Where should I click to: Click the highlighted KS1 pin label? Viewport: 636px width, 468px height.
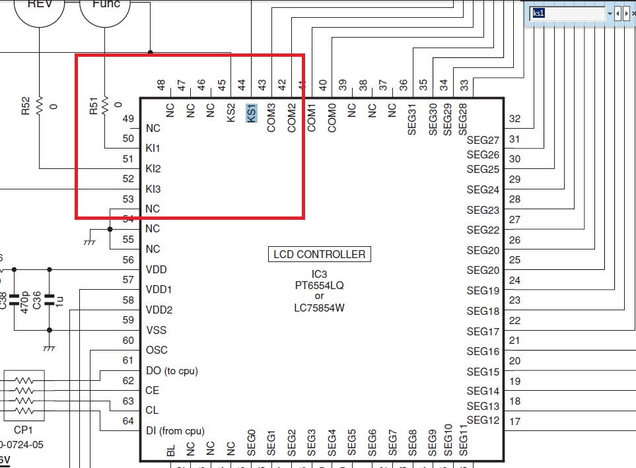click(251, 113)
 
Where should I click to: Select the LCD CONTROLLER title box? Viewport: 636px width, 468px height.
click(320, 254)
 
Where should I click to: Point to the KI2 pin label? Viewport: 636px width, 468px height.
click(153, 169)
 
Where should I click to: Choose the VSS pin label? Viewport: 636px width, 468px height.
click(156, 330)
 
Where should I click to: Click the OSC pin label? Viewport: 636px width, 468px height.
click(157, 350)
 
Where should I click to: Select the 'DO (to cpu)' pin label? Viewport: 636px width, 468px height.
click(172, 370)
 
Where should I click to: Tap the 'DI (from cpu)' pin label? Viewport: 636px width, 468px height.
click(175, 431)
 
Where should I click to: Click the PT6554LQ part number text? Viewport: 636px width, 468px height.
click(320, 286)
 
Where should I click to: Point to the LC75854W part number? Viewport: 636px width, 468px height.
click(320, 307)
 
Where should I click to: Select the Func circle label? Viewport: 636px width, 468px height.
click(106, 4)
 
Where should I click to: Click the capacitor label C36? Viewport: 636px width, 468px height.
click(38, 300)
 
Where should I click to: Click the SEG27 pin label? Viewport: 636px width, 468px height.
click(483, 140)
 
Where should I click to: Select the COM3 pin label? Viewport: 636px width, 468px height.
click(271, 117)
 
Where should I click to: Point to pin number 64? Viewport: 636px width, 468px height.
click(128, 421)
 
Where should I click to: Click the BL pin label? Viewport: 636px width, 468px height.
click(171, 451)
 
